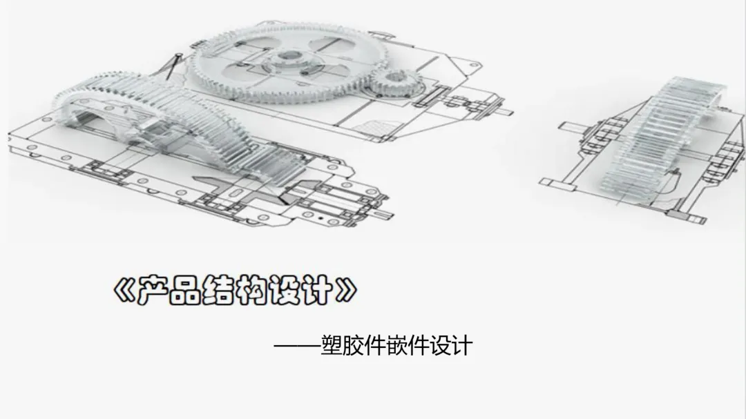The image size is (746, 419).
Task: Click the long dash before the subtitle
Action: pyautogui.click(x=297, y=345)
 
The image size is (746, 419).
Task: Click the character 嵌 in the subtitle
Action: pyautogui.click(x=408, y=344)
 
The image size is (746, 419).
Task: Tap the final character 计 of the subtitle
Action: pyautogui.click(x=460, y=344)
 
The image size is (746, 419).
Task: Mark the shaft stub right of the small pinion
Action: pyautogui.click(x=504, y=111)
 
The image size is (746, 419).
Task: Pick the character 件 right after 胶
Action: pyautogui.click(x=382, y=344)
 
